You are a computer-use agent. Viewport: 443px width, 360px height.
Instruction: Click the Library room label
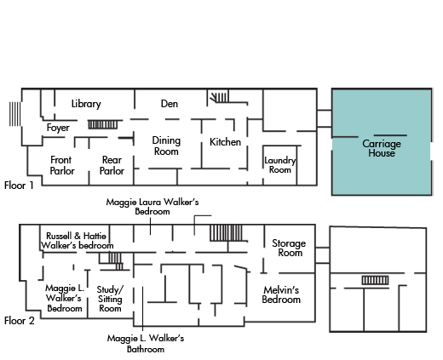[x=86, y=104]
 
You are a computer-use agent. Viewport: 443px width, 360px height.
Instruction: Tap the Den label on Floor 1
[x=170, y=104]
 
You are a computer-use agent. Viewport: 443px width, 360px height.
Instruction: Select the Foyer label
[x=58, y=128]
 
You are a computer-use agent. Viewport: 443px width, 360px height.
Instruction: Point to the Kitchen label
[x=225, y=142]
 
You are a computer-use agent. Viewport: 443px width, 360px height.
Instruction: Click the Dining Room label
[x=166, y=146]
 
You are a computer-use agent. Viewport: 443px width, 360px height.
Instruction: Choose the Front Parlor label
[x=62, y=165]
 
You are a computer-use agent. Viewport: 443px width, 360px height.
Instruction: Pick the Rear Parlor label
[x=112, y=165]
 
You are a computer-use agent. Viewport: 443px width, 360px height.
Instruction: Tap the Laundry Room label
[x=280, y=165]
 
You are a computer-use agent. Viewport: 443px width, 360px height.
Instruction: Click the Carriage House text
[x=382, y=148]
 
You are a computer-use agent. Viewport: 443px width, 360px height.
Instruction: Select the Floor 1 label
[x=19, y=186]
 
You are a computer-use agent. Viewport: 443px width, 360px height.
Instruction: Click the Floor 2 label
[x=19, y=321]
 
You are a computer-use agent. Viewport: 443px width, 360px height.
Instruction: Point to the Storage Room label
[x=289, y=248]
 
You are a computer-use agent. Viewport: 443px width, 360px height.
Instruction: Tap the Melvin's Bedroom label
[x=281, y=294]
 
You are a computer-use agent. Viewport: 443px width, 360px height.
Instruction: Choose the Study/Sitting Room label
[x=110, y=299]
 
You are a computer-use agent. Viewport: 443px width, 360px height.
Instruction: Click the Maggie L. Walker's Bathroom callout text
[x=146, y=344]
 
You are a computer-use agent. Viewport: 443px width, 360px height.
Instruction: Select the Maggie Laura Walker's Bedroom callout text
[x=152, y=207]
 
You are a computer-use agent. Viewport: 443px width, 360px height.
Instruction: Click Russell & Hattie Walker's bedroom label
[x=77, y=241]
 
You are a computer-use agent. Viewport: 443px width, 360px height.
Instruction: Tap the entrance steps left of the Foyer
[x=14, y=114]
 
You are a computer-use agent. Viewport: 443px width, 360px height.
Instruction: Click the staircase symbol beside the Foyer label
[x=102, y=124]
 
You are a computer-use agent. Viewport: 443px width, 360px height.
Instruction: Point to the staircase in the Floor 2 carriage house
[x=375, y=280]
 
